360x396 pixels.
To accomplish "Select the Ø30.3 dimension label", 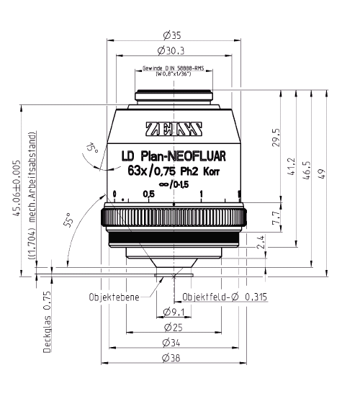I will tap(173, 50).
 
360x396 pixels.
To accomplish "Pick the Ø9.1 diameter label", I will tap(173, 312).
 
